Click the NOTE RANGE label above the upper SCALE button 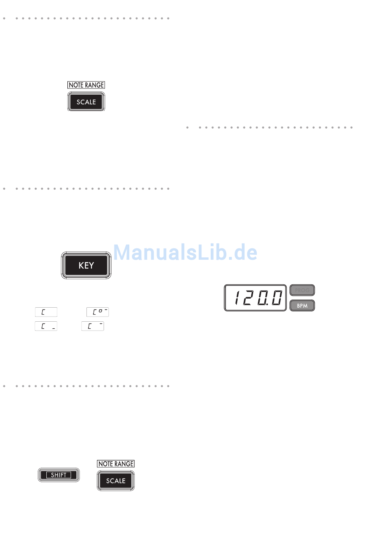[86, 85]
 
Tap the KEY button [86, 265]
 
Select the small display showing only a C [46, 312]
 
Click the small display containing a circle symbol [97, 312]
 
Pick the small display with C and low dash [46, 326]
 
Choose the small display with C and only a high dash [93, 326]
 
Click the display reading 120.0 [255, 298]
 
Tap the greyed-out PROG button [302, 290]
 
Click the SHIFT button [59, 475]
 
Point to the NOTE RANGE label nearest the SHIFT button [116, 464]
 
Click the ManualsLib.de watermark [185, 252]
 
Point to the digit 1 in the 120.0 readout [237, 298]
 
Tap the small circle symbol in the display [100, 311]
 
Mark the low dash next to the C [53, 329]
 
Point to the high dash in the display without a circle [100, 323]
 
